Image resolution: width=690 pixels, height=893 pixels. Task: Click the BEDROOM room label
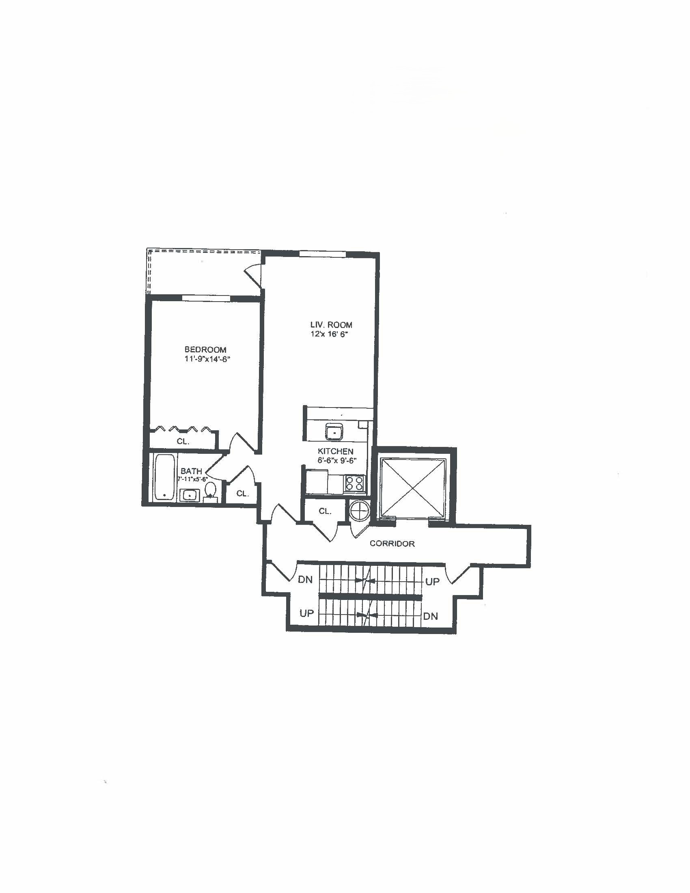[x=205, y=349]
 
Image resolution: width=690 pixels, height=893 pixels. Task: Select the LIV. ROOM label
[x=331, y=325]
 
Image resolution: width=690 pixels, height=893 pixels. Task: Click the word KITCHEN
[x=336, y=451]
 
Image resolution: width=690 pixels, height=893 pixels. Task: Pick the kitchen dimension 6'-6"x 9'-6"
[x=337, y=460]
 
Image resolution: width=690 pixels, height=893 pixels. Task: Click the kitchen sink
[x=334, y=431]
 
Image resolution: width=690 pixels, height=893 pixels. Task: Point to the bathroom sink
[x=189, y=495]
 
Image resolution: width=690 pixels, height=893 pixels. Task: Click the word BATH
[x=191, y=471]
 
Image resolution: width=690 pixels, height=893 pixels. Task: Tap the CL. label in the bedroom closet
[x=183, y=442]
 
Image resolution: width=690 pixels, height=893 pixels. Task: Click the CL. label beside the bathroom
[x=243, y=494]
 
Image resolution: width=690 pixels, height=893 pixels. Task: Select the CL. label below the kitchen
[x=325, y=511]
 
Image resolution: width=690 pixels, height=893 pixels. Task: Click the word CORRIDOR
[x=392, y=544]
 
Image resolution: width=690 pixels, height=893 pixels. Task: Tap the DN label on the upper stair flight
[x=306, y=579]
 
